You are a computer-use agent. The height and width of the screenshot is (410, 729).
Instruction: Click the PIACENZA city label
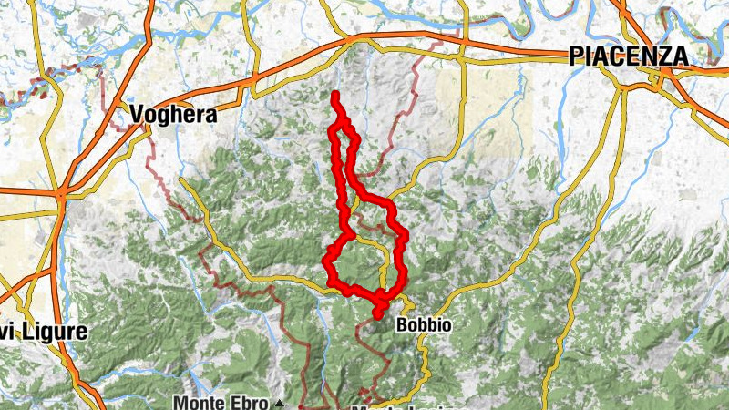tap(628, 56)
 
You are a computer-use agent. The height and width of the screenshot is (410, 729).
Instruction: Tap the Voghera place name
tap(174, 115)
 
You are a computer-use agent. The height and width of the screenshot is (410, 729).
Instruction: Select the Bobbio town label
tap(425, 325)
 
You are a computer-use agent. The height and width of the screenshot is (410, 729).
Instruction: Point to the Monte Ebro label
tap(222, 403)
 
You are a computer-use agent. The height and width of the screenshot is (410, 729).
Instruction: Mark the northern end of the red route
tap(336, 95)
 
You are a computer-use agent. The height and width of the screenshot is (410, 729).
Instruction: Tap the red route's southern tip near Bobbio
tap(377, 316)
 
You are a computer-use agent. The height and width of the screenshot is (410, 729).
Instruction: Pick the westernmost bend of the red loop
tap(327, 262)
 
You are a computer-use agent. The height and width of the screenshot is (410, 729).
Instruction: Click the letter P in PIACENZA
tap(575, 56)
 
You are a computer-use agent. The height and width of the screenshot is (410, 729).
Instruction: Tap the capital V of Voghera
tap(138, 115)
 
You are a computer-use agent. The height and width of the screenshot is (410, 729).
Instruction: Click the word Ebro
tap(252, 403)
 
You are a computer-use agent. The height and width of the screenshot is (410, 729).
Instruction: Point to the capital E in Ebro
tap(239, 403)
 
